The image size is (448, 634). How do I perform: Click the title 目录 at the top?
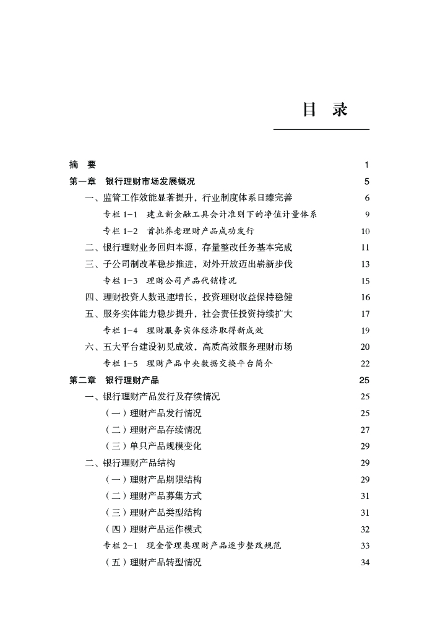(325, 110)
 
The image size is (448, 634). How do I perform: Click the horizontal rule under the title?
(321, 129)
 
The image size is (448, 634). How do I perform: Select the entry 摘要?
(82, 165)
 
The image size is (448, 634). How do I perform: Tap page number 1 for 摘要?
(366, 165)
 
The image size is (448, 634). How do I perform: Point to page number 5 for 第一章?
(366, 181)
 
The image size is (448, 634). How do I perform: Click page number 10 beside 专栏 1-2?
(364, 232)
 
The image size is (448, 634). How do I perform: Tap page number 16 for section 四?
(364, 297)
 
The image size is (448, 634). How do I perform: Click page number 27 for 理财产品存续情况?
(364, 430)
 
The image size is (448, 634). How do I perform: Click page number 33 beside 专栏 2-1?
(364, 545)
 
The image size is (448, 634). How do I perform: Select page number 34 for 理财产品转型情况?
(364, 562)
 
